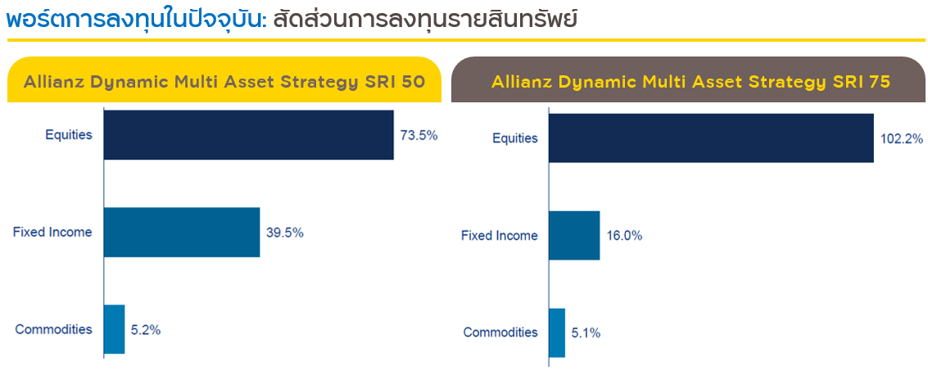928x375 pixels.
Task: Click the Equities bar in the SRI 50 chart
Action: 248,135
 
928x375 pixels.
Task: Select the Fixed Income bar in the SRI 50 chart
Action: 182,233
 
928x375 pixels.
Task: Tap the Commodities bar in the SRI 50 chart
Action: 114,329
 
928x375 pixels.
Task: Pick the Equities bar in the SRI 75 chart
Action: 712,138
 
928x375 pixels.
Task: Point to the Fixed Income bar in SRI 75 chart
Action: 574,236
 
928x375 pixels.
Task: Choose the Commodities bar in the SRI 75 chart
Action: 557,333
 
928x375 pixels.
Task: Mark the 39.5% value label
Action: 285,233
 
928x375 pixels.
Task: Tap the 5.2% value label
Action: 147,330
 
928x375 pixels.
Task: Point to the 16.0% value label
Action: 624,236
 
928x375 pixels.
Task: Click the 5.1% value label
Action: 586,333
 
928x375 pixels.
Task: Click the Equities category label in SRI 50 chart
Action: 70,135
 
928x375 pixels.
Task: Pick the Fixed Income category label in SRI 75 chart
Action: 500,236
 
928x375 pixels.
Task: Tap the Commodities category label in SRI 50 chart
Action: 54,329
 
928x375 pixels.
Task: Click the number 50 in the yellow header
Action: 413,82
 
